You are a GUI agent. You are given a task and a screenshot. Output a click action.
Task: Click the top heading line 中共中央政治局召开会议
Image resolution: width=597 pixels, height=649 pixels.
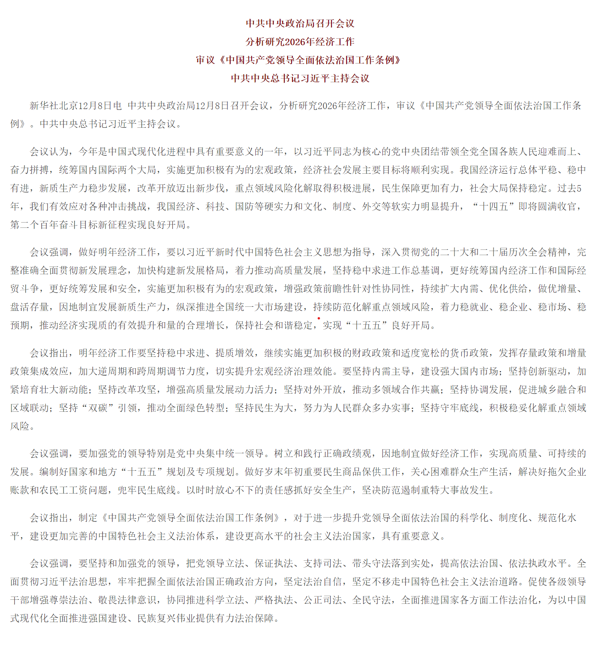[x=300, y=24]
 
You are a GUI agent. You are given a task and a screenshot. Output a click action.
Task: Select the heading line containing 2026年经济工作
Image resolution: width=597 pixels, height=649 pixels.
[x=300, y=42]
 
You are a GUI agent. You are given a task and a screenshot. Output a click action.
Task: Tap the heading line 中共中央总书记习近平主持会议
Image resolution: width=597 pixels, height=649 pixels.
[x=300, y=79]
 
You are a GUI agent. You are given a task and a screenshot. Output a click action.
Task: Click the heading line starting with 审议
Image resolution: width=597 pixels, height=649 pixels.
[x=298, y=60]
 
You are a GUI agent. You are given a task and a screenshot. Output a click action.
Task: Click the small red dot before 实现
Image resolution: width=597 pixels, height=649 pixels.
[x=318, y=318]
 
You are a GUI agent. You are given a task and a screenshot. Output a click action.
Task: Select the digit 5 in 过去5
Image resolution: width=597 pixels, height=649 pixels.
[x=579, y=188]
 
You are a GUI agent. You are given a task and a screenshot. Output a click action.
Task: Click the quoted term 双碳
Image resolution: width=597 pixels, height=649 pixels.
[x=98, y=408]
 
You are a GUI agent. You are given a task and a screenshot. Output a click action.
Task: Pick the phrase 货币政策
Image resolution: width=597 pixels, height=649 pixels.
[x=469, y=353]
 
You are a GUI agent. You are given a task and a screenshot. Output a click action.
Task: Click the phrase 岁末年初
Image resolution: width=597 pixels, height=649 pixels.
[x=293, y=472]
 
